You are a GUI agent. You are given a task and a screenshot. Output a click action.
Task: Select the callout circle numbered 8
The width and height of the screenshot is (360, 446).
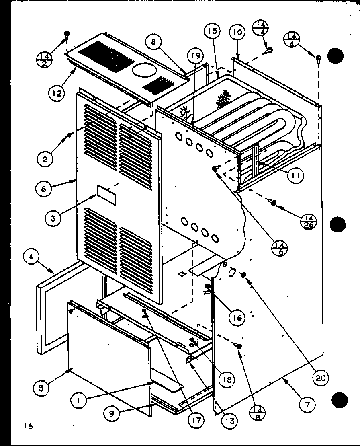coord(155,42)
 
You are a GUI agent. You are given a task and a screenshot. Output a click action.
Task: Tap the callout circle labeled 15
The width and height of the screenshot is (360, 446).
coord(213,31)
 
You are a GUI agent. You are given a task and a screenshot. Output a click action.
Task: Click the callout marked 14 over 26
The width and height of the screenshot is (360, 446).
coord(309,221)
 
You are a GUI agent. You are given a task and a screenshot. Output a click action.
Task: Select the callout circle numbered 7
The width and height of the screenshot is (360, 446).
coord(307,405)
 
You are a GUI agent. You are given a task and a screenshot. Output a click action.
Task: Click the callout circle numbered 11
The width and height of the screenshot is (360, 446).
coord(296,175)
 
